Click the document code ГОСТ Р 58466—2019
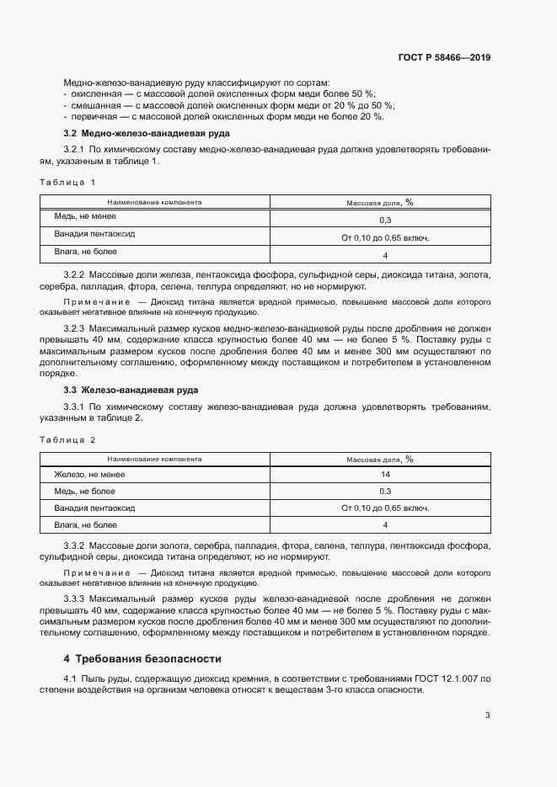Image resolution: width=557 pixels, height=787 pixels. pyautogui.click(x=444, y=58)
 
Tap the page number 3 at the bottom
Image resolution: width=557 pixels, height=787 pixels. pyautogui.click(x=488, y=716)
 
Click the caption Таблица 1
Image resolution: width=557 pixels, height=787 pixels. pyautogui.click(x=67, y=182)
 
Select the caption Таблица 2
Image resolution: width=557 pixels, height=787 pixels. pyautogui.click(x=67, y=439)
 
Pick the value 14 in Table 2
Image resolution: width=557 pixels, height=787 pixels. pyautogui.click(x=384, y=476)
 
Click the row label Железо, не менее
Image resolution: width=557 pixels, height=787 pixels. pyautogui.click(x=89, y=476)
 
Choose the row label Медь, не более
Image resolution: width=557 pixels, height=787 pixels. pyautogui.click(x=85, y=492)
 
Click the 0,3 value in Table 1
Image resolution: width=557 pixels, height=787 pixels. pyautogui.click(x=384, y=220)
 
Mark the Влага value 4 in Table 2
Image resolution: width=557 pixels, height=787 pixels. pyautogui.click(x=384, y=525)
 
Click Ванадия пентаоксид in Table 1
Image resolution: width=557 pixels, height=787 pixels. pyautogui.click(x=95, y=234)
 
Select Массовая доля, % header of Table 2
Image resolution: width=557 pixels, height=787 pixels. pyautogui.click(x=379, y=460)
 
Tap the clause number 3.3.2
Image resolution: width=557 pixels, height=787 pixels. pyautogui.click(x=75, y=547)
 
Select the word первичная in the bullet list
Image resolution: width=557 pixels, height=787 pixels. pyautogui.click(x=91, y=117)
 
